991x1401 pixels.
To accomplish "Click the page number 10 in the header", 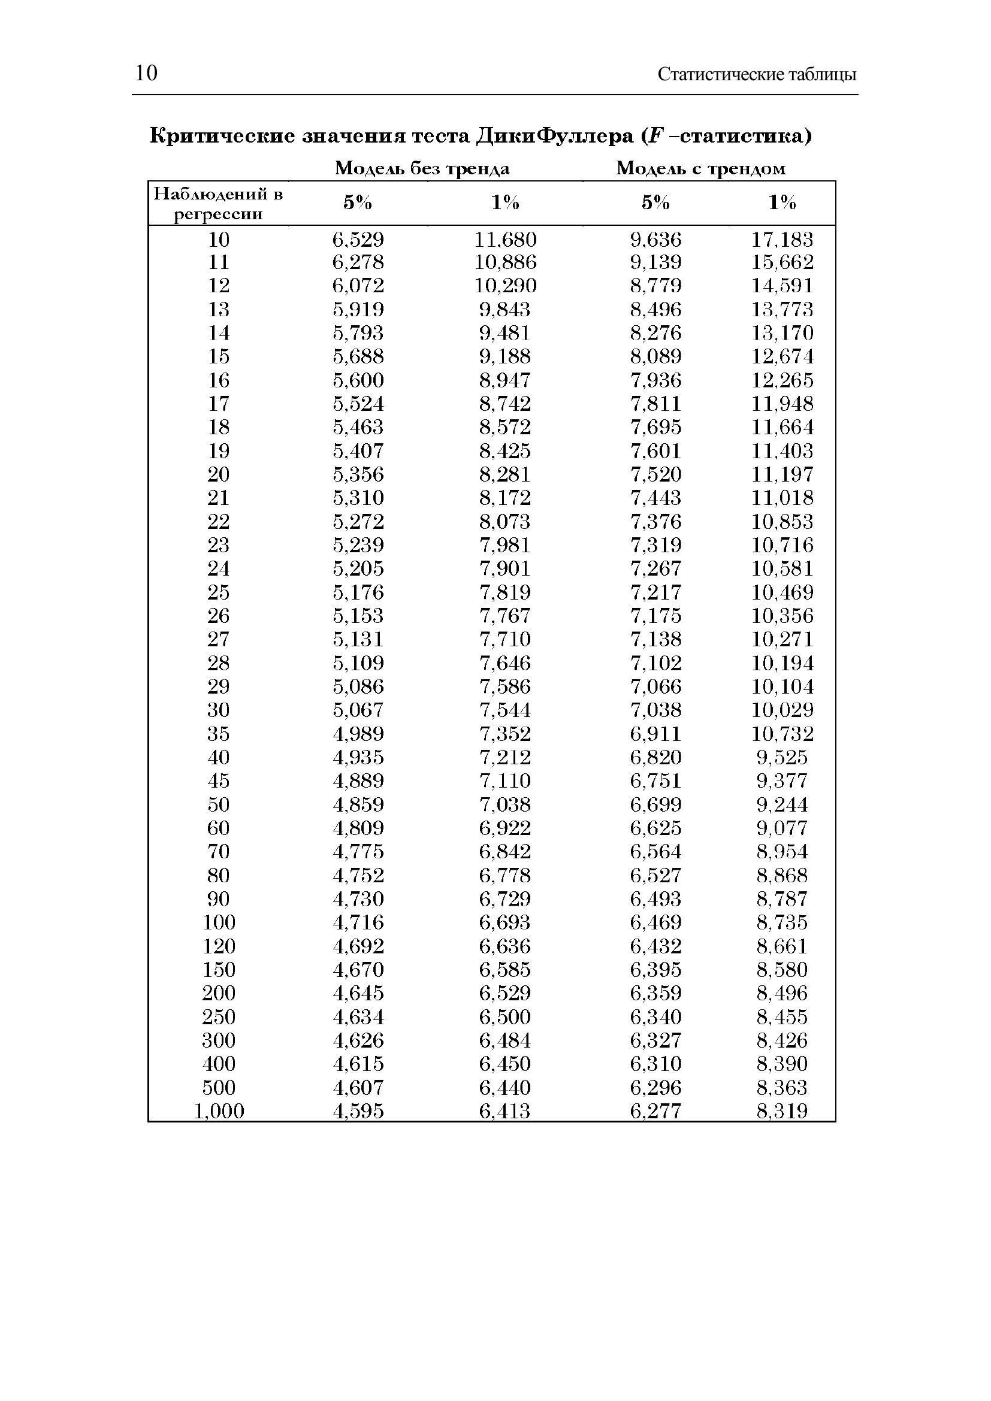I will (146, 73).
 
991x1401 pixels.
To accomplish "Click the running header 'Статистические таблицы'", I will (757, 74).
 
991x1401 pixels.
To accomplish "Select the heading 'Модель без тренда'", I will (422, 168).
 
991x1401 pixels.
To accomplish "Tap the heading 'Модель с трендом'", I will (700, 168).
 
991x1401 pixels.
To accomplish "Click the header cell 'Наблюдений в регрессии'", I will (218, 204).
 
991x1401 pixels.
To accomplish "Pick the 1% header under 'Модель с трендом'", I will (782, 202).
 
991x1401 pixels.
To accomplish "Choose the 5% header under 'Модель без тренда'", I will (358, 202).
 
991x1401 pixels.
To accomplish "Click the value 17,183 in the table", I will (782, 239).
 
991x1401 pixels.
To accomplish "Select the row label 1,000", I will (219, 1111).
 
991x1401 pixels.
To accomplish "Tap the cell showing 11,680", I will (505, 239).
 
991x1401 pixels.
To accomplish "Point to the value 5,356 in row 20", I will (358, 474).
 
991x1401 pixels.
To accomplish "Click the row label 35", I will (219, 734).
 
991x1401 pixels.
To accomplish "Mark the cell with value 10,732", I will (782, 734).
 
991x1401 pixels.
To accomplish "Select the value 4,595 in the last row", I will (358, 1111).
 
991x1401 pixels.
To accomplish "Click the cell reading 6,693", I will (504, 922).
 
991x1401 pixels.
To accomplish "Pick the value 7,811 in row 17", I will (655, 404).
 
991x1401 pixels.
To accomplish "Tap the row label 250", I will (219, 1016).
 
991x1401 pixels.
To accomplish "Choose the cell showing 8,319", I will (782, 1111).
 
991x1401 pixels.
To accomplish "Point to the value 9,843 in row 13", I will (504, 309).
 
